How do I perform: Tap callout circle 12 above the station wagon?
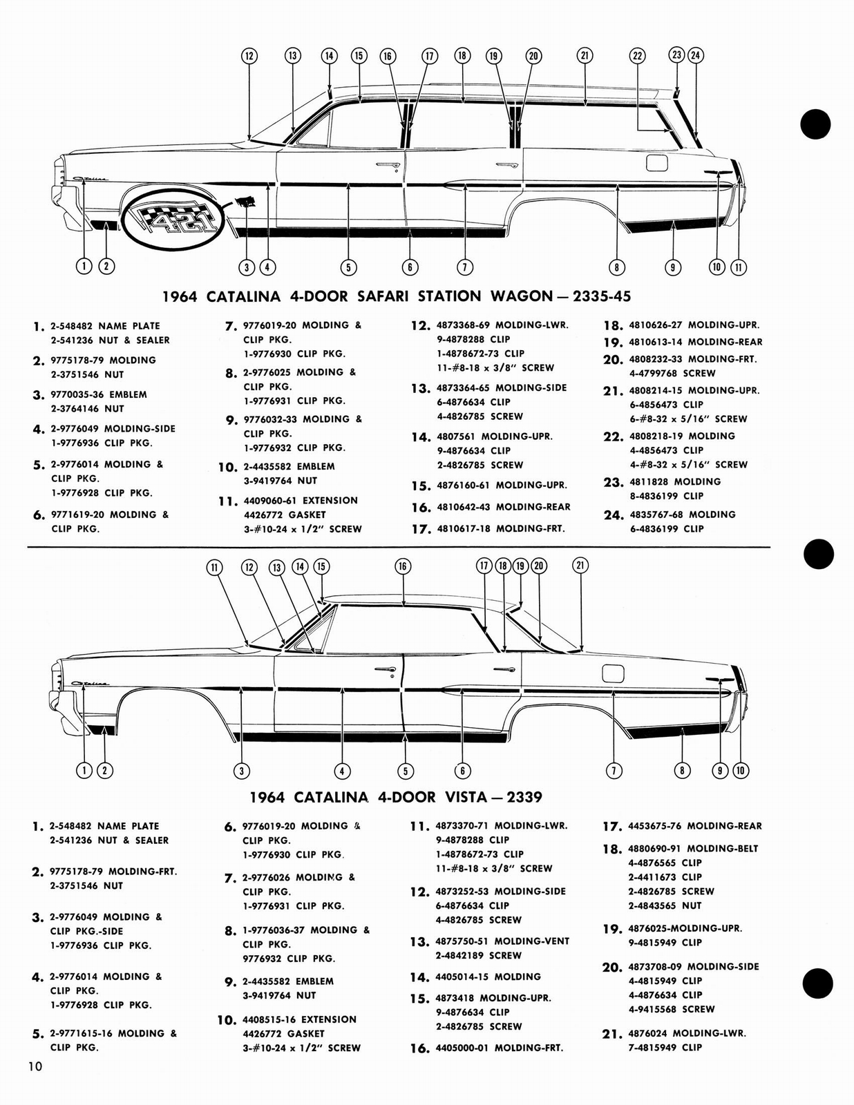pos(249,57)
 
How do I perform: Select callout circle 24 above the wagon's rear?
pos(695,55)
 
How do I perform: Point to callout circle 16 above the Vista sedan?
pos(403,566)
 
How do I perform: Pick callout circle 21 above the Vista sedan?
pos(580,566)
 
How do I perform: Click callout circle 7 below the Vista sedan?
pos(613,771)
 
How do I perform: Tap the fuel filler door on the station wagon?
pos(657,163)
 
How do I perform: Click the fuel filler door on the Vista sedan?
pos(613,673)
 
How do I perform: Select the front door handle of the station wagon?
pos(388,165)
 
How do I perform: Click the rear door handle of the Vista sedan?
pos(503,669)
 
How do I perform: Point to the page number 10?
pos(35,1067)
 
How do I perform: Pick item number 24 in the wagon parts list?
pos(613,515)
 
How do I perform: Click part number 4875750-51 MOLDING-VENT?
pos(502,941)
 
